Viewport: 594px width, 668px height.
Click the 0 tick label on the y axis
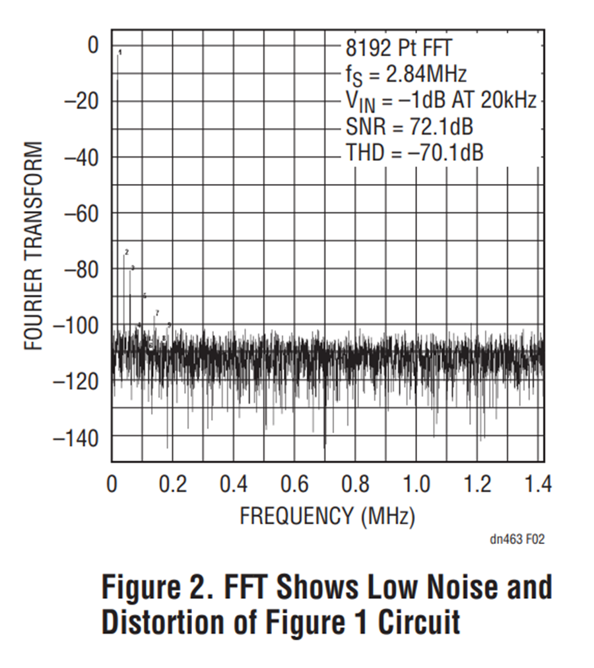[93, 46]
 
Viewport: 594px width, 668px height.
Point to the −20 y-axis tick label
[81, 102]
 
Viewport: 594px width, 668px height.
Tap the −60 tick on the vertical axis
[81, 213]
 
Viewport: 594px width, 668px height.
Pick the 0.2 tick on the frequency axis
[173, 485]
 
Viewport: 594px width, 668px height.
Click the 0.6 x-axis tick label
[294, 485]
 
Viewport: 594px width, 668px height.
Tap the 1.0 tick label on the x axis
[416, 485]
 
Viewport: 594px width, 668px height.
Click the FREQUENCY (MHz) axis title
[327, 516]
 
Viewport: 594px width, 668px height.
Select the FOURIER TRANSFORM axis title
[34, 245]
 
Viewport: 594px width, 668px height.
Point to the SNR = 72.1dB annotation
[409, 126]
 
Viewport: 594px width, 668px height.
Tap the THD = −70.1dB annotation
[414, 153]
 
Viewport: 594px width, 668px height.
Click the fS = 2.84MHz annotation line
[406, 74]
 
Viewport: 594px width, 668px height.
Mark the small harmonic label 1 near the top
[120, 52]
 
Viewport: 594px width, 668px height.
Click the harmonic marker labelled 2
[126, 252]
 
